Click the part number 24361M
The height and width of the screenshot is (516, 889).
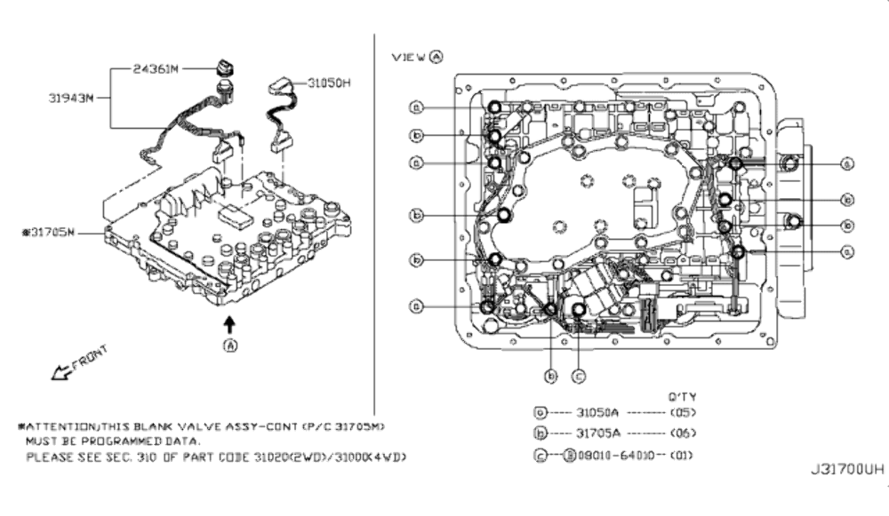pyautogui.click(x=159, y=67)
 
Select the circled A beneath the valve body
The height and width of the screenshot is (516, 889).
pyautogui.click(x=231, y=345)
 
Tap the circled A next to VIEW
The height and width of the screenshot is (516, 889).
pyautogui.click(x=436, y=56)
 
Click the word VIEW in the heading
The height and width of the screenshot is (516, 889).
pyautogui.click(x=409, y=56)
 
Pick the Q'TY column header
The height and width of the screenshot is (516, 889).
pyautogui.click(x=682, y=396)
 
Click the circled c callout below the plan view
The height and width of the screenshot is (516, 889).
pyautogui.click(x=577, y=376)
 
